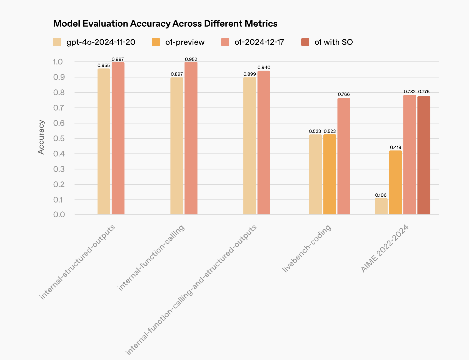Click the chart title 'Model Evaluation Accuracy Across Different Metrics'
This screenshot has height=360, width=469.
pos(165,24)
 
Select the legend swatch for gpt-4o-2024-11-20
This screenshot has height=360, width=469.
pos(57,42)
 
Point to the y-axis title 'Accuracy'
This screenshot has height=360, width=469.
pos(41,137)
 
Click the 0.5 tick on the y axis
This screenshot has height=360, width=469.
pos(59,138)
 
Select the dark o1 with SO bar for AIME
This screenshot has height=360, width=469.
pos(424,155)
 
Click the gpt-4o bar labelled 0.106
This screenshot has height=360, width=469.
pos(381,206)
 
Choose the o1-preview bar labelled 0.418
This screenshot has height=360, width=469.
pos(395,182)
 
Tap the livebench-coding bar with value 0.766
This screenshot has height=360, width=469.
pos(344,156)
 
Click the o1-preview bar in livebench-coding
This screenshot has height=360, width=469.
pos(330,174)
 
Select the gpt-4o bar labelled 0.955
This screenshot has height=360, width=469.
pos(104,141)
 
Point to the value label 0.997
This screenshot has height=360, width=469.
pos(118,59)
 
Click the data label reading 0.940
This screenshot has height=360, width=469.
pos(264,67)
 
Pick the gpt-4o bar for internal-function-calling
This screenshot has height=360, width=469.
pos(177,146)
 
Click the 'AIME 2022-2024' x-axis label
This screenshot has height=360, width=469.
pos(385,249)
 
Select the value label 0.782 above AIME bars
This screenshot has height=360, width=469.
pos(410,92)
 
